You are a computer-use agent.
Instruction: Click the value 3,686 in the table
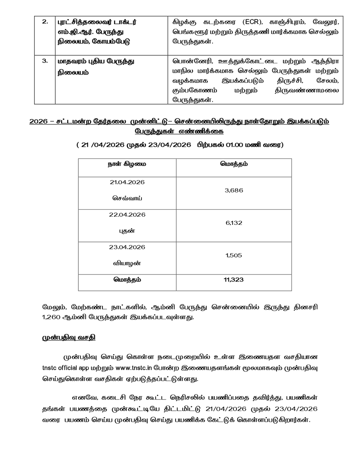click(x=234, y=190)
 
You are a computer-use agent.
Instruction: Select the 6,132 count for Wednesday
click(x=234, y=223)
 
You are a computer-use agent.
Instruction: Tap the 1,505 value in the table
click(x=234, y=255)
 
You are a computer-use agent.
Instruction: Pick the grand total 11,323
click(x=234, y=279)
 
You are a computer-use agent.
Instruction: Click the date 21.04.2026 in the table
click(x=127, y=182)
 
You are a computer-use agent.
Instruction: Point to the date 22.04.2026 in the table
click(x=127, y=215)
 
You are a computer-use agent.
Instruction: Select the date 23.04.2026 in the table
click(x=127, y=247)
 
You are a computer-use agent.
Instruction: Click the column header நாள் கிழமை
click(x=127, y=164)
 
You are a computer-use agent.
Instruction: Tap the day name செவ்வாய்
click(x=127, y=198)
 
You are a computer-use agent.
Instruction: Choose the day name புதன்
click(x=127, y=231)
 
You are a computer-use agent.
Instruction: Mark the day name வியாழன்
click(x=127, y=263)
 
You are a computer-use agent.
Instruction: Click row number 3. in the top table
click(x=45, y=61)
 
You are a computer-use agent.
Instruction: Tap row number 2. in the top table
click(x=45, y=22)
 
